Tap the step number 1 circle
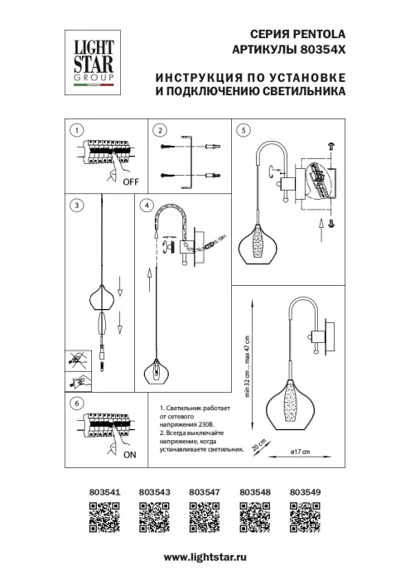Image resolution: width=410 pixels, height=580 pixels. point(76,130)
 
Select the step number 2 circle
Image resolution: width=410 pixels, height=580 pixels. point(161,130)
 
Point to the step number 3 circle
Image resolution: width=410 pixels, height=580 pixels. point(76,205)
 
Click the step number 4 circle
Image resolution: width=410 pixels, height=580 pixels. point(147,205)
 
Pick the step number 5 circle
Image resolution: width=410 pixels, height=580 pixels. point(243,130)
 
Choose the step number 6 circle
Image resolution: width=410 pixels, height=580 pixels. point(76,404)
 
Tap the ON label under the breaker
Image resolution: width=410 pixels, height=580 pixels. point(130,455)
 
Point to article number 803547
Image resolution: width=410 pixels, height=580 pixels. point(202,491)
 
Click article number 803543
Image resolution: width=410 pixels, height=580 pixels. point(152,491)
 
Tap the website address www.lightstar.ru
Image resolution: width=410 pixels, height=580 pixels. point(205,558)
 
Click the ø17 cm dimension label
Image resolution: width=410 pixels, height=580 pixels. point(299,451)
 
